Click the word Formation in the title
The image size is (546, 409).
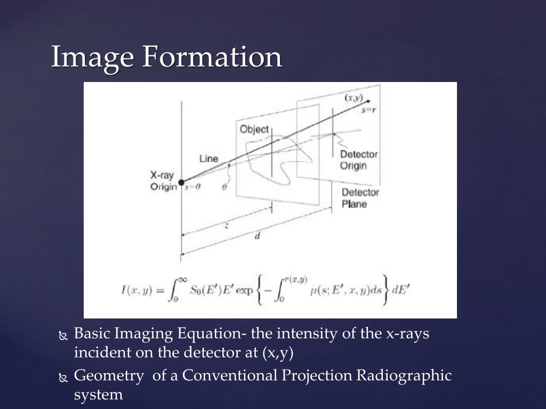[211, 57]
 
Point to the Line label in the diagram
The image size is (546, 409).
[208, 159]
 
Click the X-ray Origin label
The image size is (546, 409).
[163, 181]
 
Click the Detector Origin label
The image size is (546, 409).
[358, 160]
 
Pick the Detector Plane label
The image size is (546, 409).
[360, 198]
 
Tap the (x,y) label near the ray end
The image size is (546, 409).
[354, 98]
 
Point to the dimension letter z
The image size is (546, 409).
[227, 225]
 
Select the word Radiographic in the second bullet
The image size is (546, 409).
[404, 376]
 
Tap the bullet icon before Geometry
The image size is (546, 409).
[62, 378]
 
